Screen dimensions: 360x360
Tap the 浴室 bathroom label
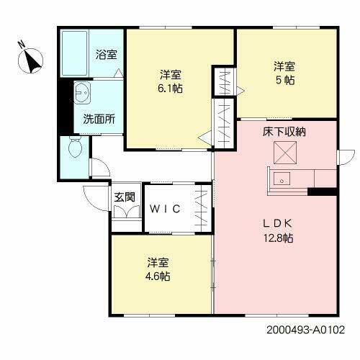107,54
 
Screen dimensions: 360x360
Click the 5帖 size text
282,81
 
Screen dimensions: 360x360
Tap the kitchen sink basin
282,179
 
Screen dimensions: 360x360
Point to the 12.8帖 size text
277,238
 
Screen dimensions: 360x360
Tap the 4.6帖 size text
160,275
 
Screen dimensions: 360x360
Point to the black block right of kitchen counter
323,192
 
